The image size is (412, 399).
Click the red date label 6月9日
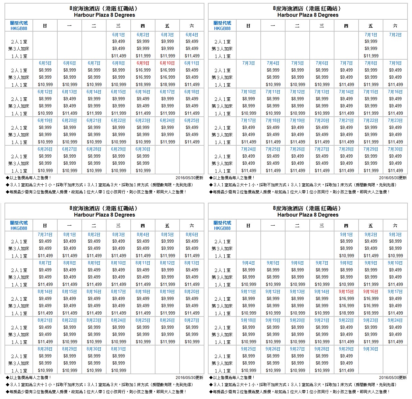pos(143,63)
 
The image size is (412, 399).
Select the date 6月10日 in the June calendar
pos(167,63)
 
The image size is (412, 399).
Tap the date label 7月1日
pos(371,34)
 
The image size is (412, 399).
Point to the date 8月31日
pos(118,349)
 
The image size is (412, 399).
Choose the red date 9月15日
pos(346,291)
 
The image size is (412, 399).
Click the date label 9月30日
pos(371,349)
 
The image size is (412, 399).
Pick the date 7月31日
pos(45,234)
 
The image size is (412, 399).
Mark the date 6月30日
pos(143,149)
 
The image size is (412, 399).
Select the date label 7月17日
pos(248,120)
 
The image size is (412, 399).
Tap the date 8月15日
pos(70,291)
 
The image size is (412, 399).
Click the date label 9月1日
pos(346,234)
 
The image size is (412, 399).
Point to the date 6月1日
pos(118,34)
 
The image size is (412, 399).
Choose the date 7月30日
pos(395,149)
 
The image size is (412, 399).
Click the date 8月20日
pos(192,291)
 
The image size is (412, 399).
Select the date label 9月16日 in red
pos(371,291)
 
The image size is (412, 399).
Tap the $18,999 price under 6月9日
pos(143,84)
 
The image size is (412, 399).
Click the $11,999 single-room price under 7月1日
pos(371,56)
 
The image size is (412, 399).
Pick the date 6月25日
pos(192,120)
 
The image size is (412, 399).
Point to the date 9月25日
pos(248,349)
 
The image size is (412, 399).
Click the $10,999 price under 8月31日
pos(118,370)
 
